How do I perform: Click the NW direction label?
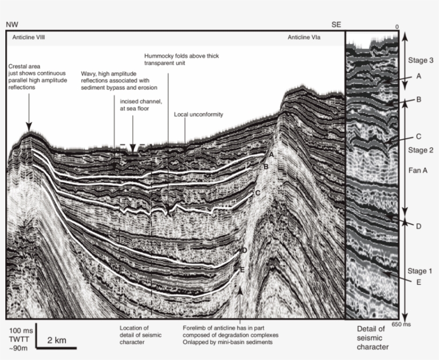(x=11, y=25)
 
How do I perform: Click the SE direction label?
(x=336, y=25)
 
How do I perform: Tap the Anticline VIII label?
(x=29, y=38)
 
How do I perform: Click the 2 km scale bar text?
(x=57, y=341)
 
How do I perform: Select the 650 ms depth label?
(x=401, y=324)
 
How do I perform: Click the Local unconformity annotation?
(x=199, y=115)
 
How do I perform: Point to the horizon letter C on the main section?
(x=258, y=192)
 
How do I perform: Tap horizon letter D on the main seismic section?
(x=244, y=250)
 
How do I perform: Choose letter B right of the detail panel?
(x=419, y=100)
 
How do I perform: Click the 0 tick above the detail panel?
(x=397, y=27)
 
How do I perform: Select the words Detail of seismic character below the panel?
(x=370, y=338)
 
